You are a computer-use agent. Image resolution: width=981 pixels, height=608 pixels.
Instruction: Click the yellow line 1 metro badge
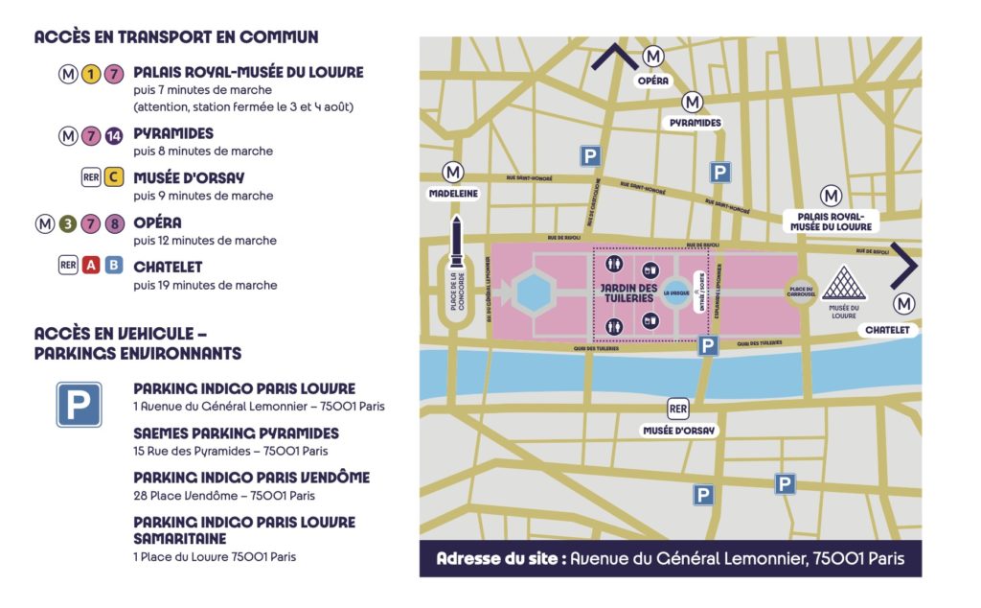click(92, 74)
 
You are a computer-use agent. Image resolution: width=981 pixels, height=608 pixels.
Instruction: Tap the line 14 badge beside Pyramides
click(114, 135)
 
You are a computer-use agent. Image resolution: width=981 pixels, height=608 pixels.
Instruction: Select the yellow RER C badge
click(114, 178)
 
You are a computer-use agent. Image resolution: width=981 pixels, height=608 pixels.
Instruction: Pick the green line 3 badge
click(68, 224)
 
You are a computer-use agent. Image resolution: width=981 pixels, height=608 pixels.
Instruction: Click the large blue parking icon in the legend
click(79, 404)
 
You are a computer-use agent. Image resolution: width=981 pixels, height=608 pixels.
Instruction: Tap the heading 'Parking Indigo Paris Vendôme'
click(251, 478)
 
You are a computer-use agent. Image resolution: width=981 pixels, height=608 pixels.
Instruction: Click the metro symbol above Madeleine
click(453, 172)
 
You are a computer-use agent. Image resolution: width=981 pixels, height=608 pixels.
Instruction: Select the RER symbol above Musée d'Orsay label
click(678, 409)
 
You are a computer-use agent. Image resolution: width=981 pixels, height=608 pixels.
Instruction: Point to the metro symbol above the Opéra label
click(653, 58)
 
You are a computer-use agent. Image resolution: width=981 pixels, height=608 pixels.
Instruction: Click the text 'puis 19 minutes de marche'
click(205, 285)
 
